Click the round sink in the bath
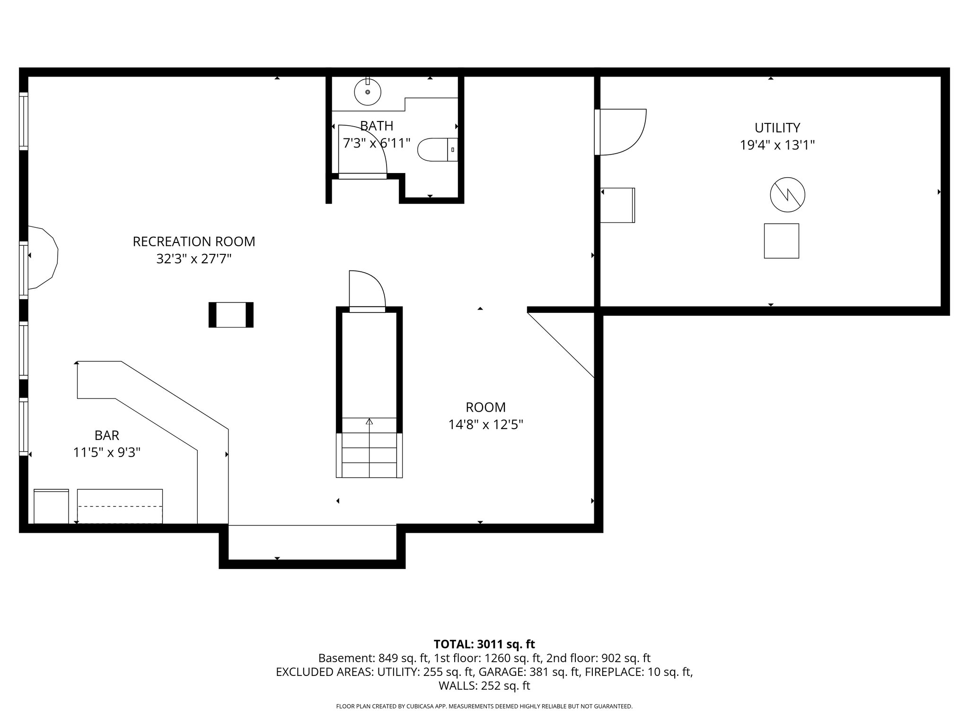[x=367, y=92]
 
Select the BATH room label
[x=377, y=126]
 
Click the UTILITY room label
[x=777, y=128]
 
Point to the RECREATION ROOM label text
[x=194, y=242]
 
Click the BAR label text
[x=107, y=435]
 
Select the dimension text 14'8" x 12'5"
[x=485, y=424]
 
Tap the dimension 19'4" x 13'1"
[x=777, y=145]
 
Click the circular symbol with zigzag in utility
[x=787, y=194]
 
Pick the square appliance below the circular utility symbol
[x=781, y=241]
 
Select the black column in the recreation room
[x=231, y=315]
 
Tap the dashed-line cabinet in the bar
[x=120, y=507]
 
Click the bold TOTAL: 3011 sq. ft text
[x=484, y=644]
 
